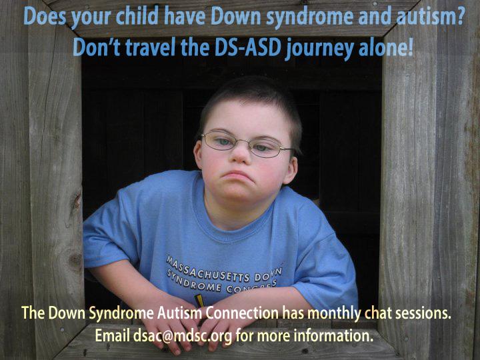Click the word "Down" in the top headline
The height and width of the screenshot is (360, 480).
tap(235, 16)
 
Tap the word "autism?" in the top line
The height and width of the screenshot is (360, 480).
tap(431, 16)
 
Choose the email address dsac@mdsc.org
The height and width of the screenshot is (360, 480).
tap(183, 336)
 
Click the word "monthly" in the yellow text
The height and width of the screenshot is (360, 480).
tap(334, 314)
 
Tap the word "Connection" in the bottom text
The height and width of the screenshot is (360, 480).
tap(242, 313)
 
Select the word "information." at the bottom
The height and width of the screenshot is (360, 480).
tap(333, 335)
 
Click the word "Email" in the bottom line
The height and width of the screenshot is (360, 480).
tap(113, 335)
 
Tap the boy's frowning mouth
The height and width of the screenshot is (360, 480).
tap(237, 177)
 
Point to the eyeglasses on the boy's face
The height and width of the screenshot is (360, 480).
tap(247, 144)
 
